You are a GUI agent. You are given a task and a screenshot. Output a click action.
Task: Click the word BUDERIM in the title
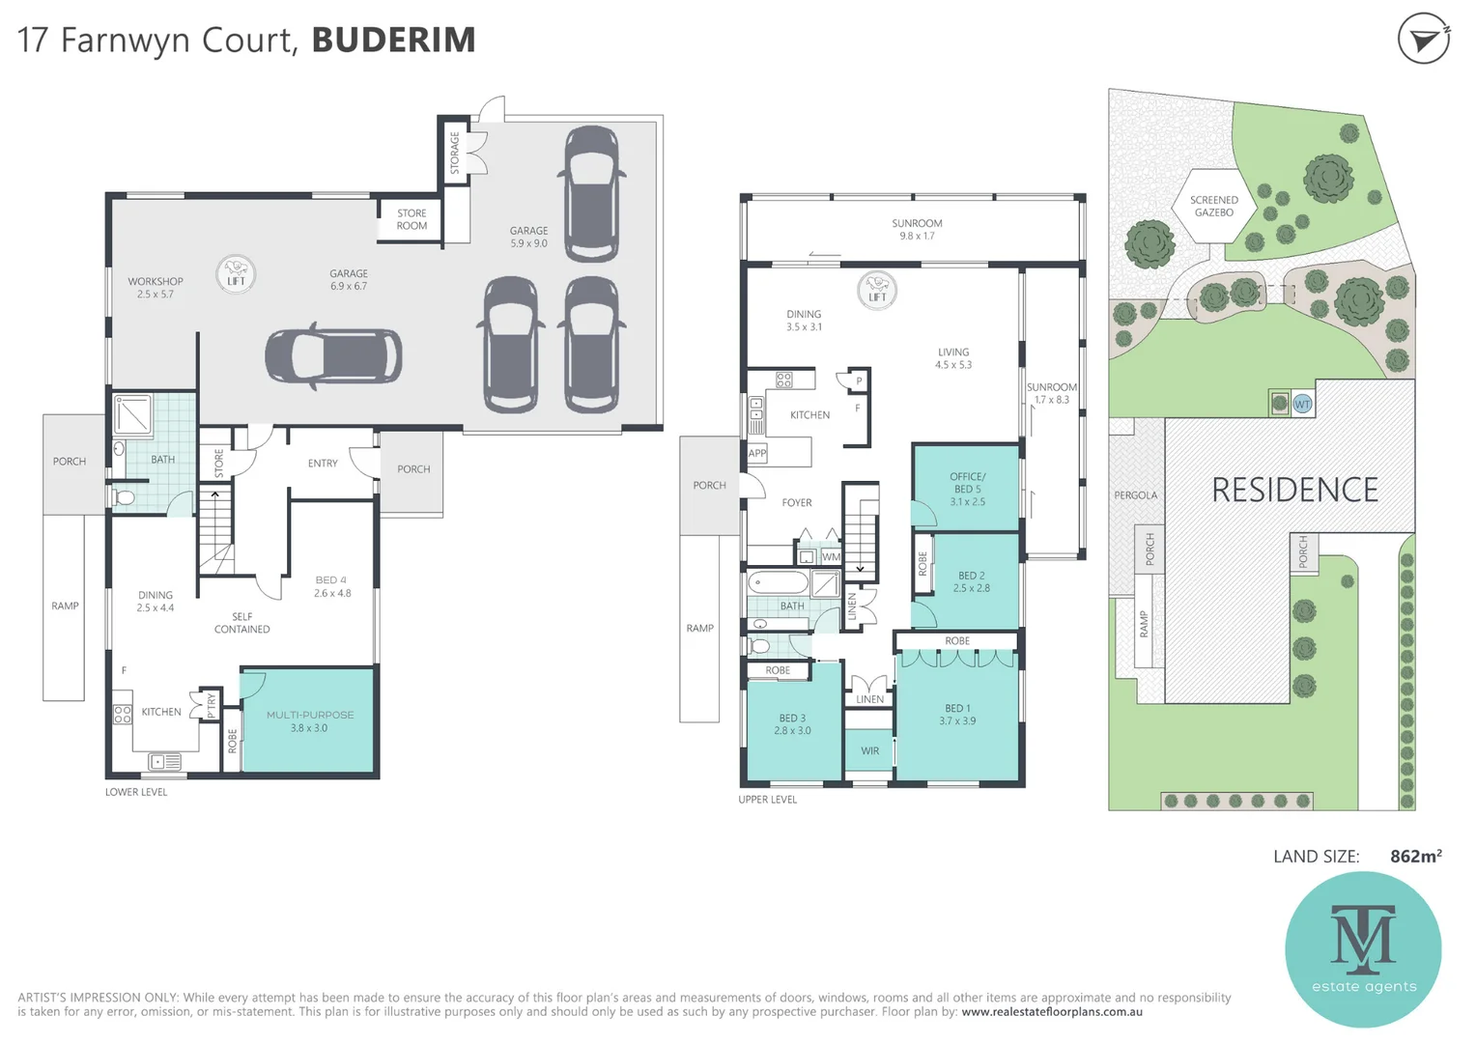393,41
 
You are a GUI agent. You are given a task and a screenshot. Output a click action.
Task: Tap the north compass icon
1423,40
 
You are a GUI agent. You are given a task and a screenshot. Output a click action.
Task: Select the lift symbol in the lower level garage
236,274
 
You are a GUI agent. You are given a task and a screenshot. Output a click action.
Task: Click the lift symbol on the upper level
877,290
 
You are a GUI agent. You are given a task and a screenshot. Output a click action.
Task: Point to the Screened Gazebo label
1213,207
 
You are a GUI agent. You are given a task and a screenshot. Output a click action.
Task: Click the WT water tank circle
1302,404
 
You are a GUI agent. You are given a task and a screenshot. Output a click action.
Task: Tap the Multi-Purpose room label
309,721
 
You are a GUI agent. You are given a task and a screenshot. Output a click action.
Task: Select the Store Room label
412,219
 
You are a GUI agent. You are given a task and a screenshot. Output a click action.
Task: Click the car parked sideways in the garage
333,356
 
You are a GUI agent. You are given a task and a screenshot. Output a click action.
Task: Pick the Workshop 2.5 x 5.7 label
156,288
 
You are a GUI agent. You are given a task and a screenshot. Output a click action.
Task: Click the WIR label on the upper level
869,750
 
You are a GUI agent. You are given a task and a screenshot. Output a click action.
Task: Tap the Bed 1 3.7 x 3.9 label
956,715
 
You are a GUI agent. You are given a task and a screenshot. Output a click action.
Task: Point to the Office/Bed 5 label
967,489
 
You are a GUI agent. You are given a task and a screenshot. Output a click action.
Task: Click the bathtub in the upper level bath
778,583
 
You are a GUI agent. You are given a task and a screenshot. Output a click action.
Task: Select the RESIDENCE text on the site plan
1294,491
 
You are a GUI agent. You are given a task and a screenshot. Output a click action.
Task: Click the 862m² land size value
1415,857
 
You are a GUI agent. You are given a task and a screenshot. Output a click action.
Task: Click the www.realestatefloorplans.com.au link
1052,1012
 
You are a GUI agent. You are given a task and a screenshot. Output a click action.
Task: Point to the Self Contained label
241,623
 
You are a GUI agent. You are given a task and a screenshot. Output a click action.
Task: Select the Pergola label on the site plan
1135,495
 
